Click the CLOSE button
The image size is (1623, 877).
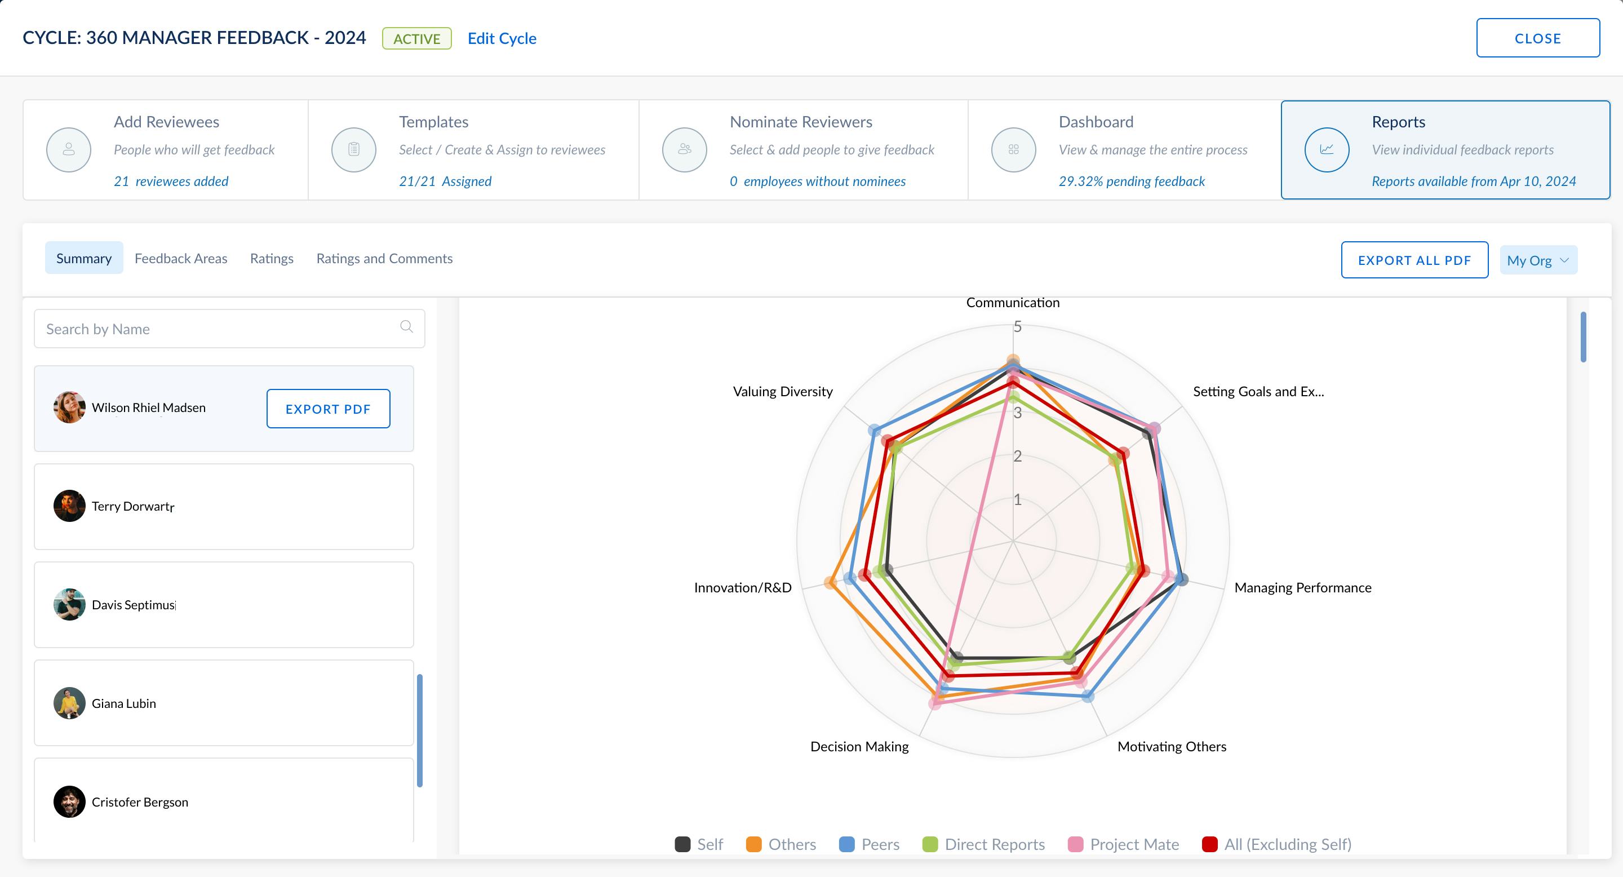[1537, 38]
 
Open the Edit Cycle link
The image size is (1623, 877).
[502, 38]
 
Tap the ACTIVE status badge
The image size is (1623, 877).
[416, 38]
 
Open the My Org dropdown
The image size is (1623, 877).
[1538, 260]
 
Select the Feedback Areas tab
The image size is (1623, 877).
[181, 258]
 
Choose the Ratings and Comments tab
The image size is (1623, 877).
[384, 258]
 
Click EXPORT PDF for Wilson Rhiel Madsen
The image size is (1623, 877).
[327, 409]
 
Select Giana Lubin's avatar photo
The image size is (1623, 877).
[69, 703]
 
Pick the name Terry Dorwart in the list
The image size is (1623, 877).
[132, 506]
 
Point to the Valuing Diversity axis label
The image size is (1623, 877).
[783, 391]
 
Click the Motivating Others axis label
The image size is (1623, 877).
[1171, 747]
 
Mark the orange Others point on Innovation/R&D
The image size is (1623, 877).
[831, 583]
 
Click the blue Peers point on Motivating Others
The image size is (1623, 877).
[1088, 696]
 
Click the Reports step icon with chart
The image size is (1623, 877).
[1326, 150]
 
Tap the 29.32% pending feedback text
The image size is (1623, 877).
[1132, 181]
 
